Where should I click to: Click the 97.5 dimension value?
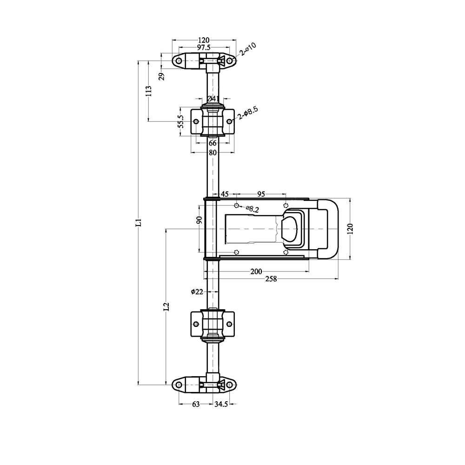coord(204,47)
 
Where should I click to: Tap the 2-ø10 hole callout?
coord(248,49)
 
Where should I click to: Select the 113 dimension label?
coord(149,91)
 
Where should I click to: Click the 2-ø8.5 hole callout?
coord(248,113)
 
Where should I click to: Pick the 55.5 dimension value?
coord(181,121)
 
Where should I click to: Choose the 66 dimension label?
coord(213,143)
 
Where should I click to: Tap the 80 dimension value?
coord(213,153)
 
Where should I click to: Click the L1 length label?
coord(139,223)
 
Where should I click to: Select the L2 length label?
coord(166,306)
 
